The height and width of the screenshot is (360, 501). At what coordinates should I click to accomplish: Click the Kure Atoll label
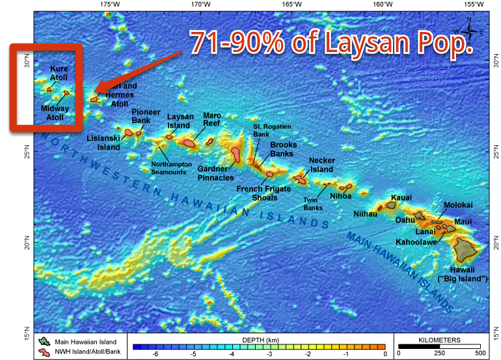pyautogui.click(x=58, y=73)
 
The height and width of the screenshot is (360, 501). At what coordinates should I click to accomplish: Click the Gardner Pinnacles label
pyautogui.click(x=216, y=173)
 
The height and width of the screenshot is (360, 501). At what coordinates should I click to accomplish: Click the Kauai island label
pyautogui.click(x=401, y=197)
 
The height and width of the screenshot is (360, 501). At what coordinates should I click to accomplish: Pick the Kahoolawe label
pyautogui.click(x=416, y=242)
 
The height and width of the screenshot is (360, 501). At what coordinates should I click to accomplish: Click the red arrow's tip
pyautogui.click(x=92, y=92)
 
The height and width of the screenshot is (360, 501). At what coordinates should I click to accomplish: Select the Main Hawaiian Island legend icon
pyautogui.click(x=44, y=341)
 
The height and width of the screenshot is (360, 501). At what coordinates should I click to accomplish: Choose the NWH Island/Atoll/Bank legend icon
pyautogui.click(x=44, y=352)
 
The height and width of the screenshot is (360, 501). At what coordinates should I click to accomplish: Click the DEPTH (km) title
pyautogui.click(x=259, y=340)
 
